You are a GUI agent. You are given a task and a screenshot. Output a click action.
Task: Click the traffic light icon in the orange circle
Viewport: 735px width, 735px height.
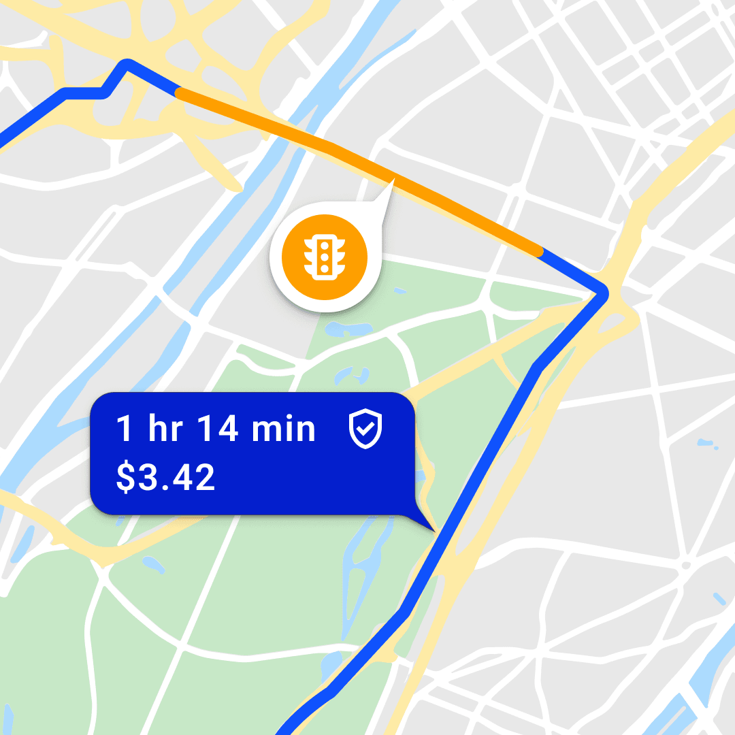pos(325,257)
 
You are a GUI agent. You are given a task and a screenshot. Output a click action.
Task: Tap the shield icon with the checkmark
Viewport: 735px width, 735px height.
pos(365,429)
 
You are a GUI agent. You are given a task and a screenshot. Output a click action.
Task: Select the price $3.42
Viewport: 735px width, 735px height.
pos(165,478)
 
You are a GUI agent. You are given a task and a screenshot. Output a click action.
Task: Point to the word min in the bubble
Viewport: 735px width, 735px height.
pos(284,429)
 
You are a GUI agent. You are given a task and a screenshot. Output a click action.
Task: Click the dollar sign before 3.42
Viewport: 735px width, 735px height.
pos(125,478)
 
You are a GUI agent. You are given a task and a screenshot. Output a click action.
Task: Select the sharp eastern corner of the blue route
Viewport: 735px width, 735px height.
pos(603,294)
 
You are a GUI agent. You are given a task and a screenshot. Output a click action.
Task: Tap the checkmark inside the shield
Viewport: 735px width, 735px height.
pos(365,429)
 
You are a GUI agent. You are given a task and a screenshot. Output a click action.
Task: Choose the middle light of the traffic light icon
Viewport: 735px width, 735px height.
pos(325,257)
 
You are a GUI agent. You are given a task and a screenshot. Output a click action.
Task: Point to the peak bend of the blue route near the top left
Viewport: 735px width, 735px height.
pos(126,64)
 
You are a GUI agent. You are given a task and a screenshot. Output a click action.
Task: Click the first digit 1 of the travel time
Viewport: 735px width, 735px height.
pos(123,429)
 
